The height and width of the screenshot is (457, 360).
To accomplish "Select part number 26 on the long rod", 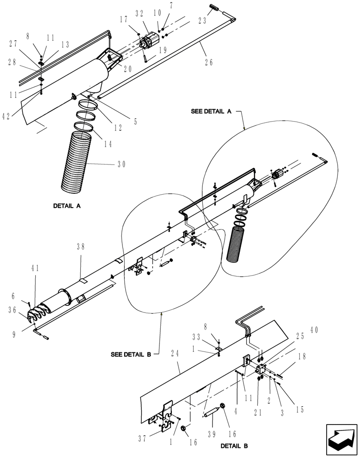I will [209, 63].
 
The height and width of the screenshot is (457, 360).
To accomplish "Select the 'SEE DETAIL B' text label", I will [134, 354].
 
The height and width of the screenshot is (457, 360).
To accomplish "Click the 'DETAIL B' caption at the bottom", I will [234, 445].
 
